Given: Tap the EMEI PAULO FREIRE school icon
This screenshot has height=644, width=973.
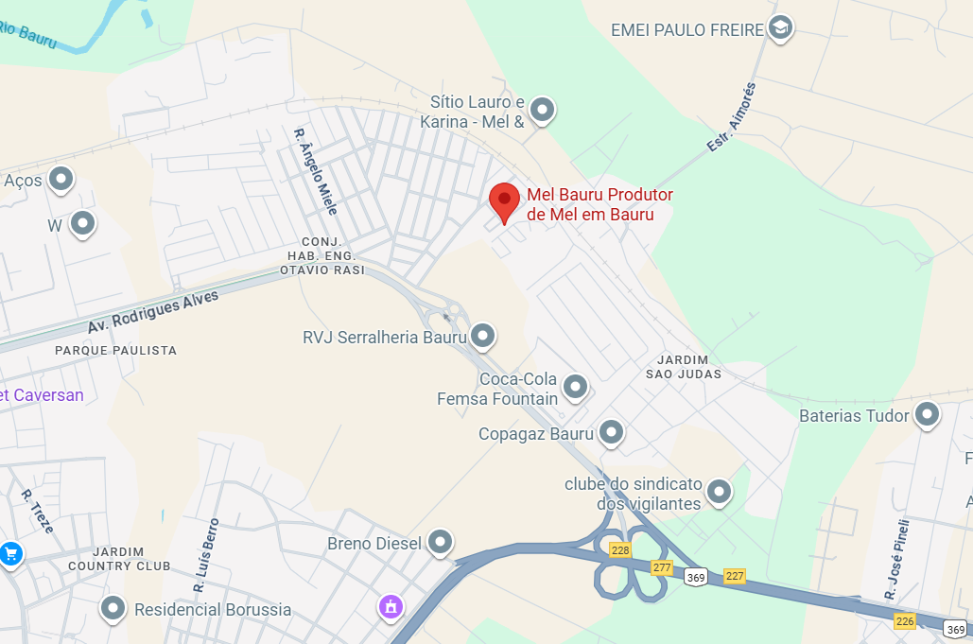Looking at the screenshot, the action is click(x=780, y=28).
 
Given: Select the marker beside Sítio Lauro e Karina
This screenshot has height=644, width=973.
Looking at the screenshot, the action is click(x=542, y=110).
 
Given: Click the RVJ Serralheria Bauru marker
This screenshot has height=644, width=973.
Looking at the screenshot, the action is click(x=483, y=335).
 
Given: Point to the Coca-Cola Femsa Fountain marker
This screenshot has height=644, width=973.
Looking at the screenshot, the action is click(x=574, y=386).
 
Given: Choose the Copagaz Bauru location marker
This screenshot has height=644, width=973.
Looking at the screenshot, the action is click(x=612, y=432).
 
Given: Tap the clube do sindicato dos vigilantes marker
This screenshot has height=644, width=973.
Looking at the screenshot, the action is click(x=720, y=491).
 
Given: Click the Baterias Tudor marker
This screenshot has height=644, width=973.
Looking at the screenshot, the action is click(x=927, y=413).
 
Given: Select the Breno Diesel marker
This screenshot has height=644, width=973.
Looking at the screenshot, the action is click(x=440, y=542).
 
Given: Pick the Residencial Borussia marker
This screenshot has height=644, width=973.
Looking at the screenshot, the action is click(x=114, y=608).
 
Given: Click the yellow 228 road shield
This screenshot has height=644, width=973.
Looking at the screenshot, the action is click(x=620, y=550).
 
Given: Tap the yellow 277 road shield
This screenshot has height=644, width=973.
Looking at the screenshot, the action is click(x=662, y=566).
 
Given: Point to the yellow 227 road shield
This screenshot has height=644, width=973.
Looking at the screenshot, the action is click(x=735, y=575).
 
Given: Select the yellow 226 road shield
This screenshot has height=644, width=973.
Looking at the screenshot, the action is click(x=905, y=620).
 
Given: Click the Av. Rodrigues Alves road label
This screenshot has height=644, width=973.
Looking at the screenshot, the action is click(x=153, y=311).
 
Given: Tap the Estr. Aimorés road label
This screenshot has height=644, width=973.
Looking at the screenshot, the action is click(x=732, y=118).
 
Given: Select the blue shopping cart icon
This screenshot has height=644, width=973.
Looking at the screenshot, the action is click(x=10, y=553).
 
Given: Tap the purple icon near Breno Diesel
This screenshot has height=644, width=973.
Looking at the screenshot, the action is click(x=390, y=606).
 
